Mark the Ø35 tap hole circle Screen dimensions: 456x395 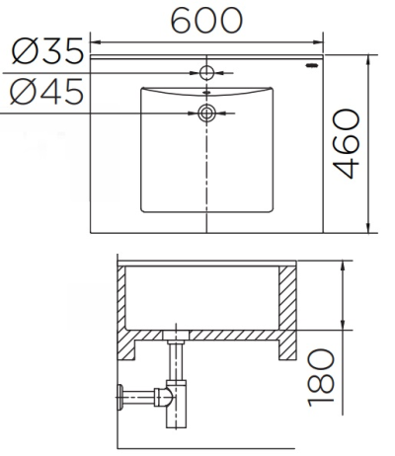coord(207,72)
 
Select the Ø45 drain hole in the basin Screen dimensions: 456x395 coord(207,114)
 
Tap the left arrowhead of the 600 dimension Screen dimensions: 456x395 coord(96,42)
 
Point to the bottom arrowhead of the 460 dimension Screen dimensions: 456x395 coord(369,229)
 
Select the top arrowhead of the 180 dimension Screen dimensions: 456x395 coord(344,266)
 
